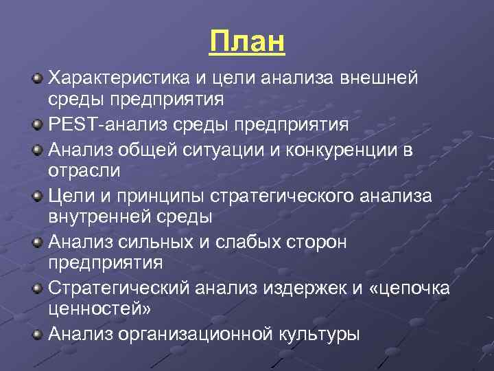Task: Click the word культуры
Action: [x=319, y=335]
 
